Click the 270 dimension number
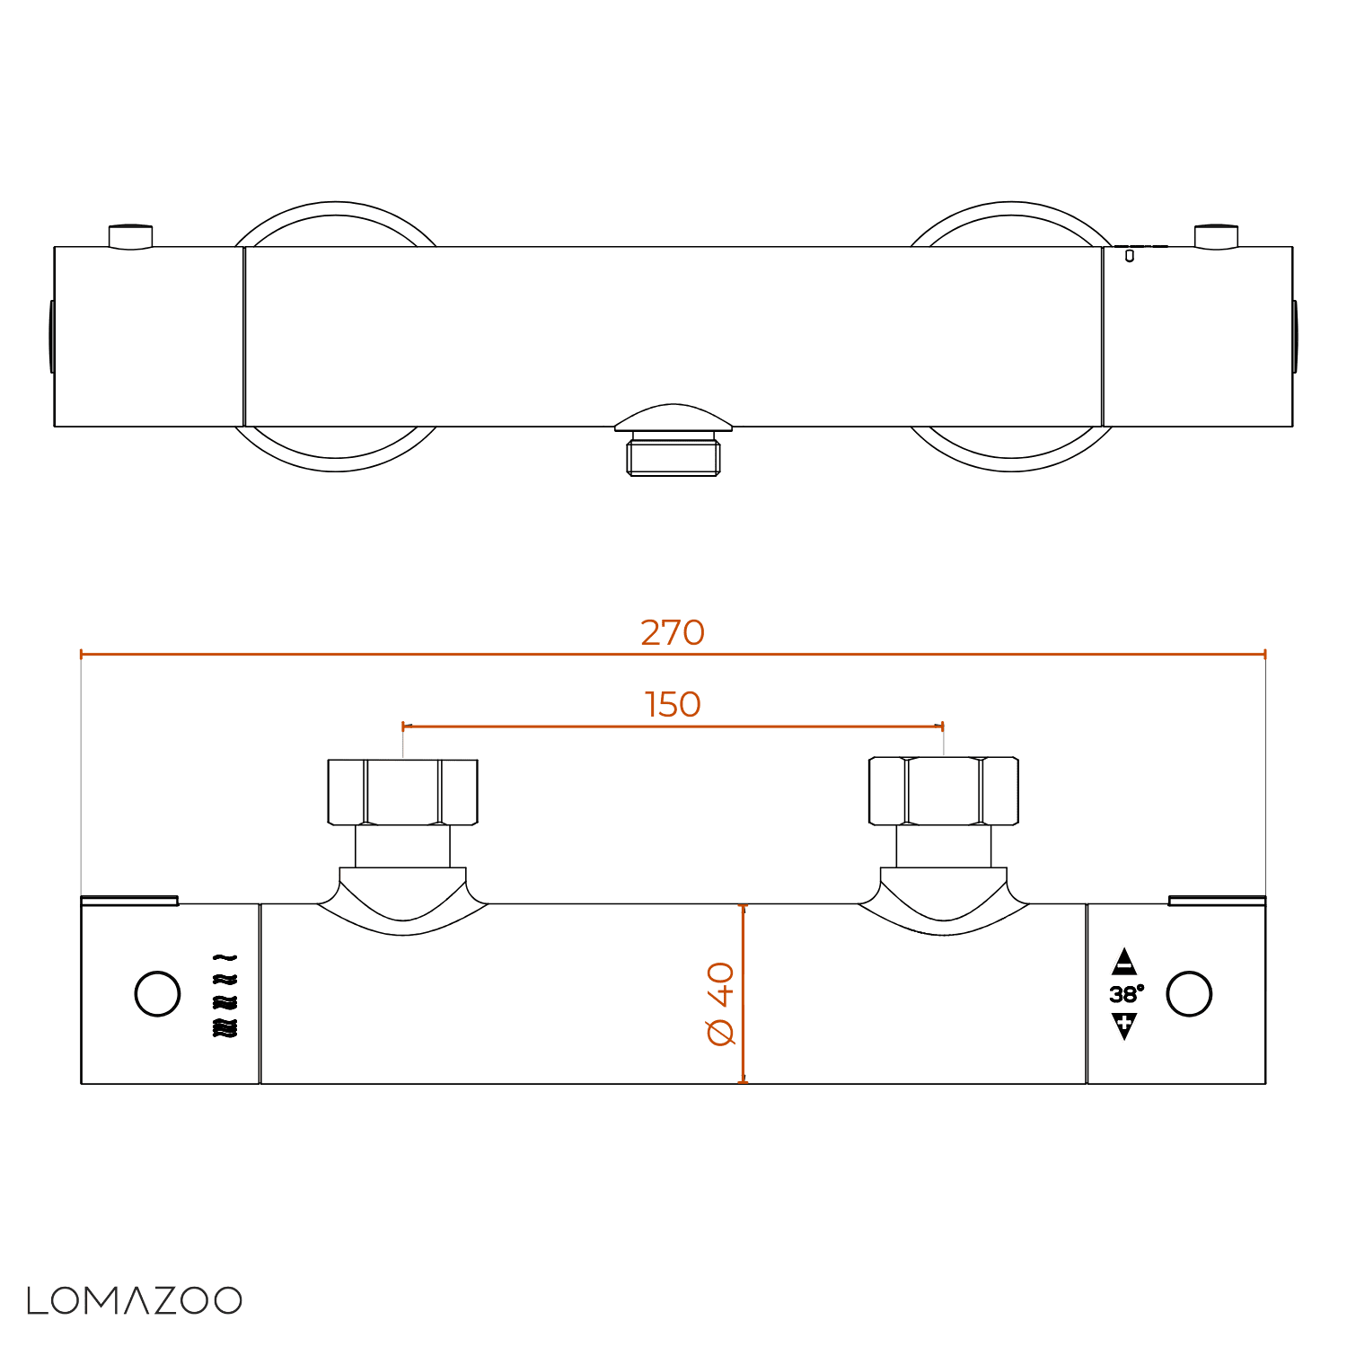click(x=673, y=632)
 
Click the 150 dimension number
click(x=673, y=704)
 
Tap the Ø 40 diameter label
click(x=721, y=1003)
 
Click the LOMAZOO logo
click(x=135, y=1300)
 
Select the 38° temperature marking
click(x=1125, y=994)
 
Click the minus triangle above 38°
click(x=1124, y=963)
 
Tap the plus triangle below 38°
click(x=1124, y=1025)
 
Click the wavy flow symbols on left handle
click(x=224, y=996)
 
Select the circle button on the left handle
click(x=157, y=994)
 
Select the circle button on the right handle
click(x=1189, y=994)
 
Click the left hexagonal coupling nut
click(x=403, y=791)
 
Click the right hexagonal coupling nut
click(x=944, y=791)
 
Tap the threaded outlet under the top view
click(x=673, y=455)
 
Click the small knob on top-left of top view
click(x=130, y=236)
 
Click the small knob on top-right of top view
click(x=1216, y=236)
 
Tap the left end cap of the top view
click(x=52, y=337)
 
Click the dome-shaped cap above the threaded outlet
click(x=673, y=418)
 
